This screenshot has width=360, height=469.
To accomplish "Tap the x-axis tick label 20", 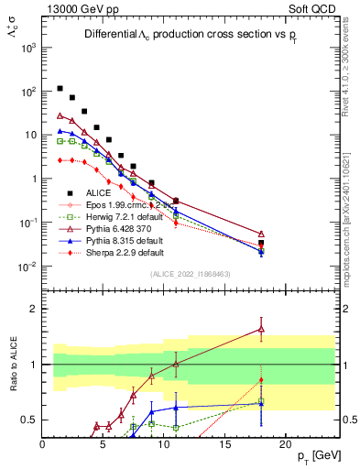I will click(x=285, y=443).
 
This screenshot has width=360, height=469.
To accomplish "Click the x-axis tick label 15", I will click(x=224, y=443).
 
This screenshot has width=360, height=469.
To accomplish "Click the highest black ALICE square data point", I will click(x=60, y=89).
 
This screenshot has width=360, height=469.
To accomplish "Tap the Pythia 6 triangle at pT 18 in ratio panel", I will click(x=261, y=329).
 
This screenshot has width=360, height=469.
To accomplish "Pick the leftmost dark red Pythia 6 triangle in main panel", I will click(x=60, y=116).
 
